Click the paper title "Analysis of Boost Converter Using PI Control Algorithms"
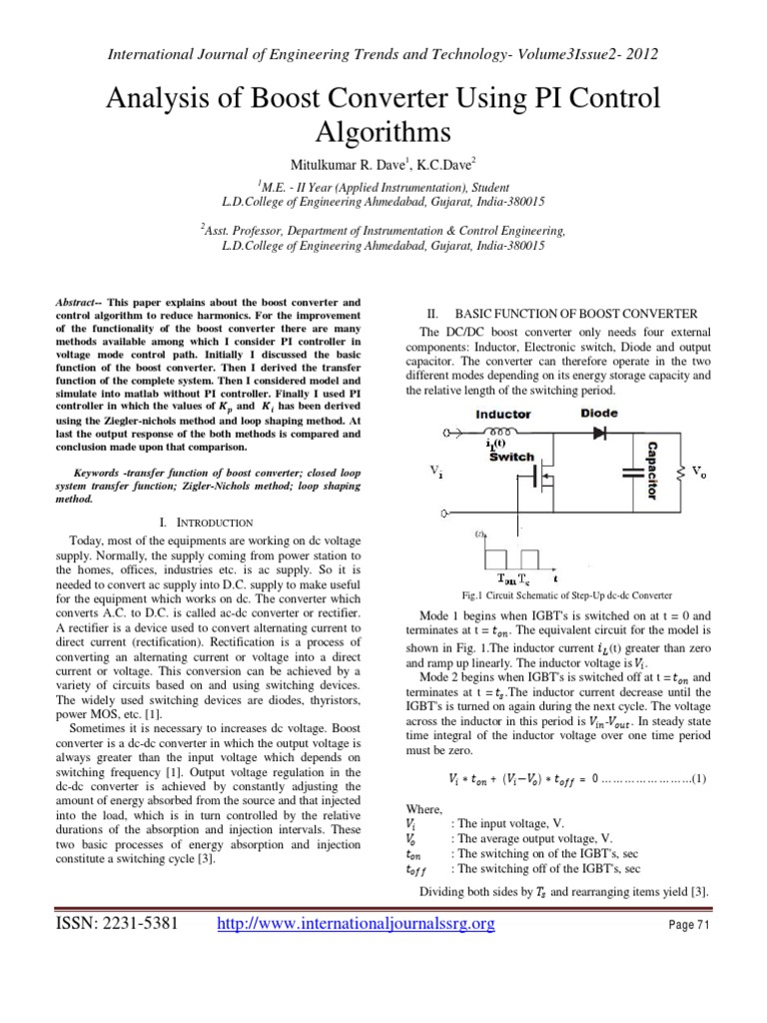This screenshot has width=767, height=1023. pos(383,117)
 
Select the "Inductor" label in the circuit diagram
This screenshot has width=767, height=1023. pos(504,413)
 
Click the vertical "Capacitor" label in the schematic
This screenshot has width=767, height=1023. pos(651,470)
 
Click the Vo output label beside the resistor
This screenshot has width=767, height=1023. pos(703,467)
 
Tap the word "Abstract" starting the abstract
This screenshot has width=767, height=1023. pos(77,301)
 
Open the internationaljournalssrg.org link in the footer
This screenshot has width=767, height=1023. pos(357,925)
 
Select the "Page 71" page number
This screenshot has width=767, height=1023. pos(688,926)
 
